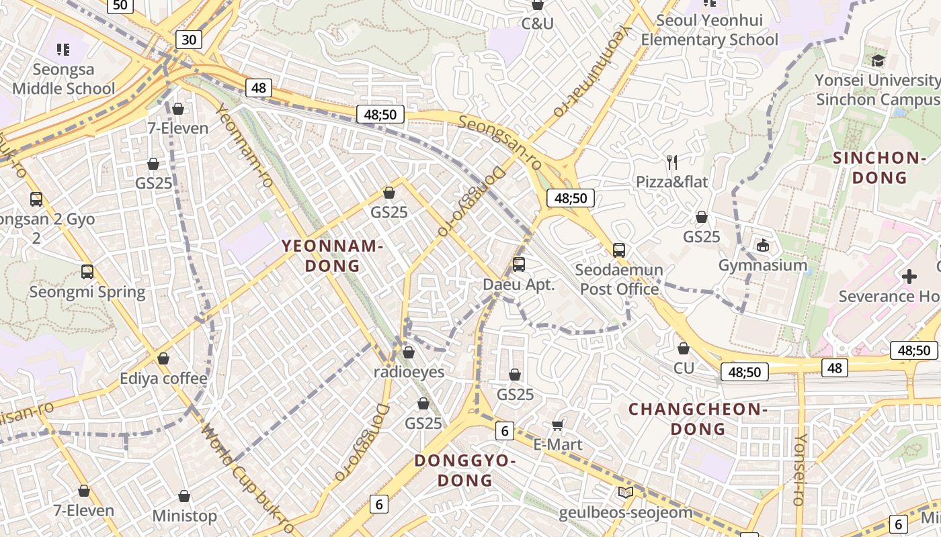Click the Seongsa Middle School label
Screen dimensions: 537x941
[x=64, y=79]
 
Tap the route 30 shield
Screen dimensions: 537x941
[x=189, y=40]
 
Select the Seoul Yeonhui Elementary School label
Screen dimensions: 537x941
[x=709, y=30]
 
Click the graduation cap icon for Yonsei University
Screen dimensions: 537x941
[x=878, y=61]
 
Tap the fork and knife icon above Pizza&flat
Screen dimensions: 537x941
[x=671, y=162]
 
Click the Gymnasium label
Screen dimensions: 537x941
[x=763, y=265]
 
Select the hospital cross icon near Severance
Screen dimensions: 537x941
[x=909, y=277]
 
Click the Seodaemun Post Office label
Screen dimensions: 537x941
[x=619, y=279]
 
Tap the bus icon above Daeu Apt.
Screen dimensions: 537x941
[x=518, y=264]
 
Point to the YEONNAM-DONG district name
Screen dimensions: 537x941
[x=332, y=256]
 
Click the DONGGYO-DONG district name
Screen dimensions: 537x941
[x=465, y=471]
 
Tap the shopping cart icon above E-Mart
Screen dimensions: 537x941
[x=557, y=425]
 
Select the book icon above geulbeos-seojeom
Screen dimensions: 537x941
[x=625, y=493]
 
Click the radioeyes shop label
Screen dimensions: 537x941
[x=409, y=371]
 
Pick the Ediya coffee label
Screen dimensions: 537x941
[x=163, y=379]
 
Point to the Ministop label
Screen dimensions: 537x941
[x=184, y=516]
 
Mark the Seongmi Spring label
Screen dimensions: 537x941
[x=87, y=292]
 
